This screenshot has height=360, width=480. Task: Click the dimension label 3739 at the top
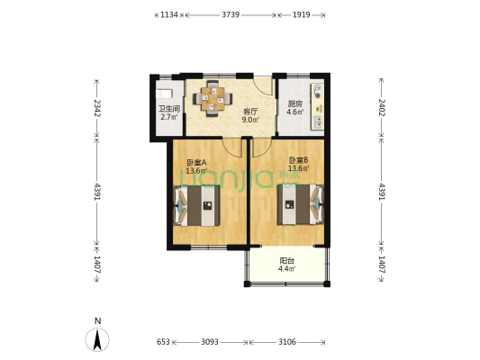click(231, 14)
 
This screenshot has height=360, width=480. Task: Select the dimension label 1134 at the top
click(169, 14)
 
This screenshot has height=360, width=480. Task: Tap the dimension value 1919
click(301, 14)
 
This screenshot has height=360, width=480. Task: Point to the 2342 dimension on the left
click(97, 108)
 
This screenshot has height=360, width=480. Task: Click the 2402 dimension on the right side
click(382, 107)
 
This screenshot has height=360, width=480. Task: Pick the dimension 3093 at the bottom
click(210, 342)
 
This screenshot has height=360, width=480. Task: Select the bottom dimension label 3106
click(287, 342)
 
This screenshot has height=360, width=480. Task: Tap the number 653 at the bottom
click(163, 342)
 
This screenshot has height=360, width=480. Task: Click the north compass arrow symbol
click(97, 339)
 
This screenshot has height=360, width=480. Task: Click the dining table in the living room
click(213, 98)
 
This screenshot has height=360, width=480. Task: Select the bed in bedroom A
click(196, 206)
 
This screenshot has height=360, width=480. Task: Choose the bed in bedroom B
click(300, 204)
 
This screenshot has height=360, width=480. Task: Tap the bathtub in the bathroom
click(165, 94)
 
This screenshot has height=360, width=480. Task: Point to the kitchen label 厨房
click(294, 104)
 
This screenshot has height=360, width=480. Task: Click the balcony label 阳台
click(287, 261)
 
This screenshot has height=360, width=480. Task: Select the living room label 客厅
click(250, 112)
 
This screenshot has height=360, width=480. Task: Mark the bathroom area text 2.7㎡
click(168, 117)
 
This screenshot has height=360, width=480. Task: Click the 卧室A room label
click(196, 162)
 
